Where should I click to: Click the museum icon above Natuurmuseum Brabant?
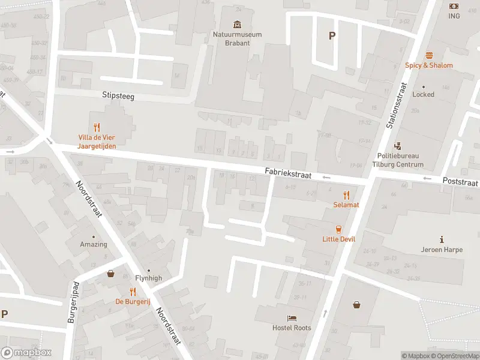coord(238,25)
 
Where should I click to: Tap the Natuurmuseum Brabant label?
coord(238,38)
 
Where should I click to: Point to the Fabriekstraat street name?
coord(288,172)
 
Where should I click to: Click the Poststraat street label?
coord(460,181)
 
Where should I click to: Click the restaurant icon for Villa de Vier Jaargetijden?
coord(97,127)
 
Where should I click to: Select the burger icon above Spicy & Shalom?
coord(429,55)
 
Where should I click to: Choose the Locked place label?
coord(423,94)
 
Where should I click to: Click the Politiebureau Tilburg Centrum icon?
coord(397,146)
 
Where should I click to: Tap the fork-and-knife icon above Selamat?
coord(346,194)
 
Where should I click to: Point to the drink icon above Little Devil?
coord(339,229)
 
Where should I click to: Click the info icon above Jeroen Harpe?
coord(442,239)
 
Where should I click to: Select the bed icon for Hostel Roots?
coord(292,318)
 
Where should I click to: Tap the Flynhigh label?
coord(148,278)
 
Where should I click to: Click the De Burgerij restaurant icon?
coord(132,292)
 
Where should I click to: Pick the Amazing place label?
coord(94,244)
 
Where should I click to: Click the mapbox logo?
coord(26,353)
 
